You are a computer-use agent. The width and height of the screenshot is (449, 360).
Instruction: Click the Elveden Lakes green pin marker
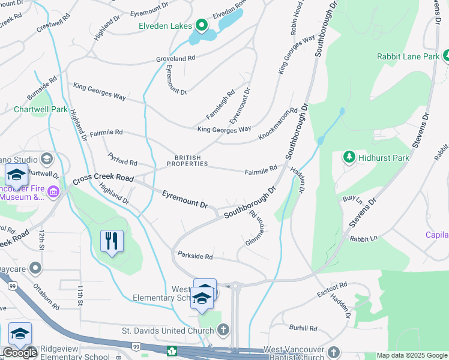click(201, 26)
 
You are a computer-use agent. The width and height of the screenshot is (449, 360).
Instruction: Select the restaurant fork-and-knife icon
click(112, 241)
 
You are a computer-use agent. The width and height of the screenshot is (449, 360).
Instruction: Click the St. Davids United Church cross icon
click(223, 329)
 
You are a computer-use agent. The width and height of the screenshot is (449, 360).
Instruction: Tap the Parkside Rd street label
click(195, 256)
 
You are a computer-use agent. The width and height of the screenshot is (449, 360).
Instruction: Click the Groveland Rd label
click(176, 58)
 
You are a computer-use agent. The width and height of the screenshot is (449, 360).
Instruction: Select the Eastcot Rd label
click(332, 289)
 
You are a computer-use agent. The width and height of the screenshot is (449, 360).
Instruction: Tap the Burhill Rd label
click(303, 328)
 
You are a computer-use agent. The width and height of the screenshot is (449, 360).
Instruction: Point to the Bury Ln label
click(352, 198)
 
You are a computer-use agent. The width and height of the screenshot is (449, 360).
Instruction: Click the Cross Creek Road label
click(103, 179)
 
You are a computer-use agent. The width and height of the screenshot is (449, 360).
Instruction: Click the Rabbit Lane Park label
click(408, 56)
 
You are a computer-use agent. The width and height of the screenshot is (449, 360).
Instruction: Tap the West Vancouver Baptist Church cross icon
click(334, 352)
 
